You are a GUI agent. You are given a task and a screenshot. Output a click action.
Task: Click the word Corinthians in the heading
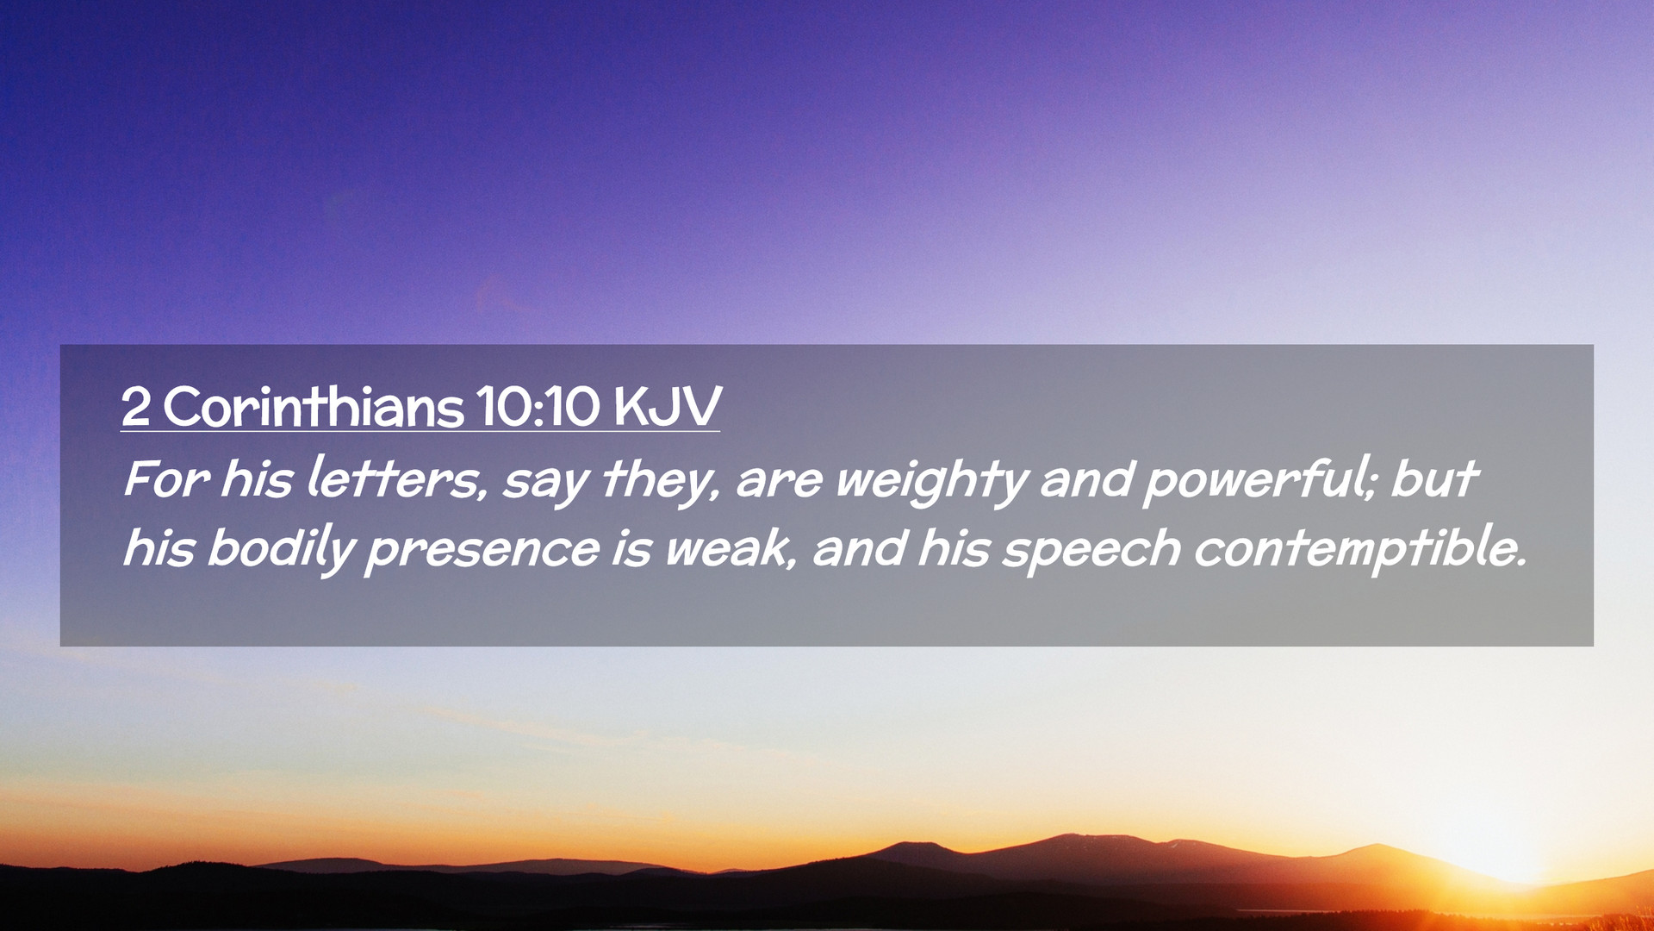click(x=314, y=406)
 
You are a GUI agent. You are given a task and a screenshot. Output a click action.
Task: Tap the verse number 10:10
click(x=538, y=407)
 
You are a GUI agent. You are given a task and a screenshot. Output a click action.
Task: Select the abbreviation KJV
click(x=668, y=407)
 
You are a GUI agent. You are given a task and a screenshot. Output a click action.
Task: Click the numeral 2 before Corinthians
click(x=135, y=407)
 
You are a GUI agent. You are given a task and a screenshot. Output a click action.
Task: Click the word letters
click(x=395, y=478)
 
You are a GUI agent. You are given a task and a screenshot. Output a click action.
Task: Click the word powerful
click(x=1254, y=480)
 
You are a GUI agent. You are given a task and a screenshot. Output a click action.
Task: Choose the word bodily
click(x=281, y=549)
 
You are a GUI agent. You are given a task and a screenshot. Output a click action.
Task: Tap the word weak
click(x=728, y=548)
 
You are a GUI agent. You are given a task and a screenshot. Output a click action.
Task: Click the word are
click(x=780, y=484)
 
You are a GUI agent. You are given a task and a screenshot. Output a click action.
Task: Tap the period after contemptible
click(x=1520, y=563)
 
